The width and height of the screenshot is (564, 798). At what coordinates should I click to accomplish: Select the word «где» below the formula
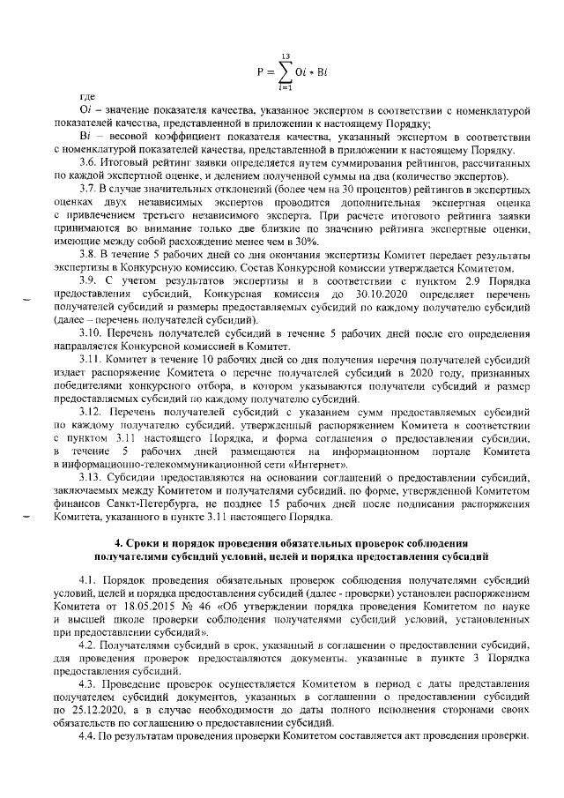point(87,95)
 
